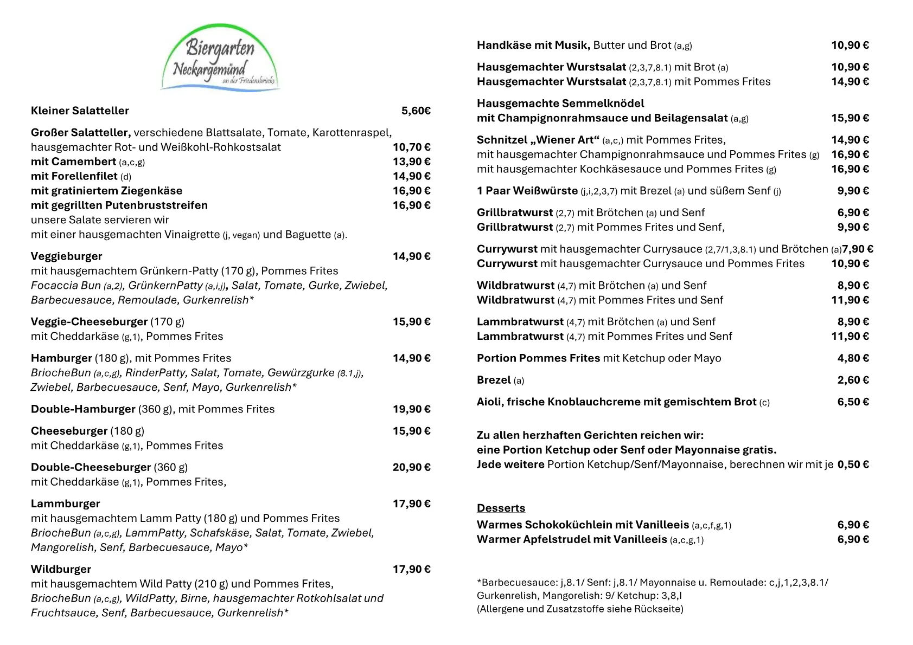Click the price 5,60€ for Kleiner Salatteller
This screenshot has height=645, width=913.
coord(416,111)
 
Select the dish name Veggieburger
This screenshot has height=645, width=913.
coord(66,256)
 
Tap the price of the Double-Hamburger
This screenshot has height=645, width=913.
coord(411,409)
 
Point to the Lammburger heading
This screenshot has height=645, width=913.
coord(65,504)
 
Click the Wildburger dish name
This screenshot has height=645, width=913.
coord(61,570)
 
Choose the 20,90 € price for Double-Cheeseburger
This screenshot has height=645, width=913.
coord(411,467)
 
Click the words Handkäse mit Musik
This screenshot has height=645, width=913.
coord(533,46)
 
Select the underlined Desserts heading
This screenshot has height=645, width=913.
coord(501,508)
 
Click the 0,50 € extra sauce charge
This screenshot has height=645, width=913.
coord(853,465)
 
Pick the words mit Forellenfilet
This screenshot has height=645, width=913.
coord(74,177)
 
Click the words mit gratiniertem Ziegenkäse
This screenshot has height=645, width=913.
coord(106,191)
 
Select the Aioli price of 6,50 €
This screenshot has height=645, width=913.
coord(853,402)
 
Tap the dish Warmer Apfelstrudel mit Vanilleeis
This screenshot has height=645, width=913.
coord(571,540)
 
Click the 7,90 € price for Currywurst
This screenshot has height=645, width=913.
coord(857,249)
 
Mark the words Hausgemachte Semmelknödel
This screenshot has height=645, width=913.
coord(560,104)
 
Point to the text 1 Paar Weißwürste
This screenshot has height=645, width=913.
coord(527,191)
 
